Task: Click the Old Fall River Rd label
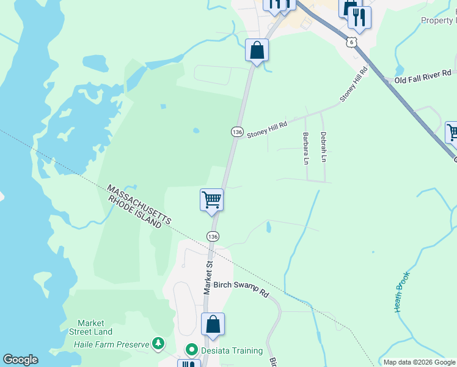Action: click(423, 80)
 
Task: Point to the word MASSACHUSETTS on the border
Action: click(139, 203)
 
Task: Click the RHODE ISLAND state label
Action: click(134, 212)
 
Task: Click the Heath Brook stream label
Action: click(401, 292)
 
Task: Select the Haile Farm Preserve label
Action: click(111, 344)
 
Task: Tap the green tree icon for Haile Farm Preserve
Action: click(158, 344)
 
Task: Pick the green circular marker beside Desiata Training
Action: click(191, 350)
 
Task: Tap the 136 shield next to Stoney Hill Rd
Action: click(237, 132)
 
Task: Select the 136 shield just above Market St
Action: click(212, 236)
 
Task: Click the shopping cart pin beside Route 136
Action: click(211, 199)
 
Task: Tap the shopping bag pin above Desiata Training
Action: click(213, 324)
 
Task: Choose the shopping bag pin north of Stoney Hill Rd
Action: click(257, 50)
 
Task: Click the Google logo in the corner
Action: click(20, 360)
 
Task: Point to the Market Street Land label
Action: click(95, 327)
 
